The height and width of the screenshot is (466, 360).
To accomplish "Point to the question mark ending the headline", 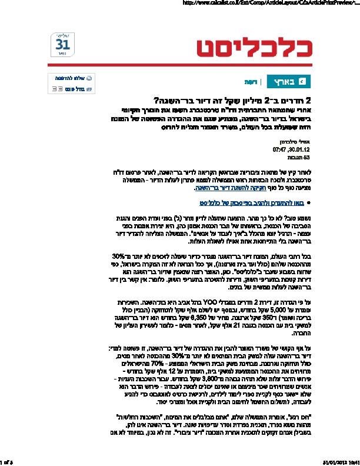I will click(155, 100).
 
